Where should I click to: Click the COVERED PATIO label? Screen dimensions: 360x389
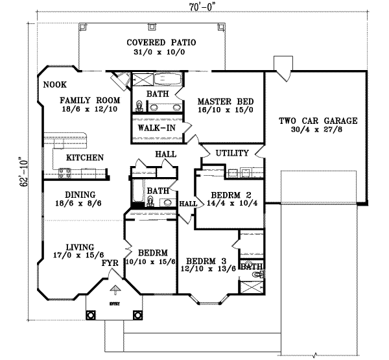click(x=161, y=43)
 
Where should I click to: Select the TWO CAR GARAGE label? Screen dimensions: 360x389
click(x=318, y=121)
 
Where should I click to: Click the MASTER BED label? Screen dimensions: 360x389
click(x=225, y=102)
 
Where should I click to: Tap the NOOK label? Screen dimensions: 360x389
click(x=53, y=84)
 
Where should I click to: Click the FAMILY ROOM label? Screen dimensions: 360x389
click(x=90, y=101)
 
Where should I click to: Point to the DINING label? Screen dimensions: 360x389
click(x=80, y=194)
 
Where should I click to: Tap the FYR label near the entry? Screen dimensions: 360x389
click(x=108, y=264)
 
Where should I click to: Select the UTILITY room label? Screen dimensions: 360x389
click(x=231, y=153)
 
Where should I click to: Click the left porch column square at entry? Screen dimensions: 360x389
click(x=91, y=315)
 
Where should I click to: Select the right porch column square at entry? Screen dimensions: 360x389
click(x=137, y=315)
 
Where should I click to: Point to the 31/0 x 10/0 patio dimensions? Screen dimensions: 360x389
click(x=161, y=53)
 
